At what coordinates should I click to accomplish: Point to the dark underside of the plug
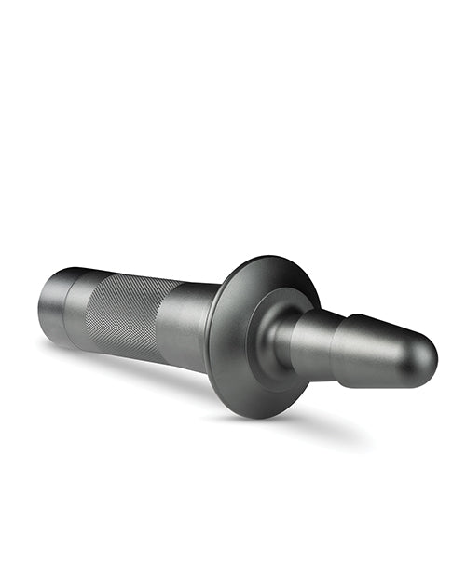(373, 377)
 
